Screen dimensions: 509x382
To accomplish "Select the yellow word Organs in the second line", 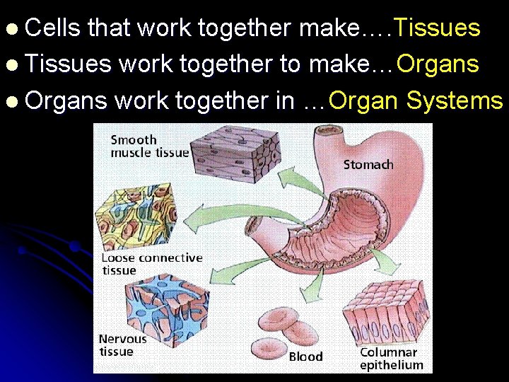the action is point(438,64).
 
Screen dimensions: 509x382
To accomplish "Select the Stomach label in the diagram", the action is point(368,165).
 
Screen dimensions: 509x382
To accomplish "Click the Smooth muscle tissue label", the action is point(150,146).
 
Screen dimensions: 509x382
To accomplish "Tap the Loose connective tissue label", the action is point(151,264).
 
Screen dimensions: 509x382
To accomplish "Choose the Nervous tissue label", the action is point(122,345).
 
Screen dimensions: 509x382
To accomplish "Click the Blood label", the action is point(305,357).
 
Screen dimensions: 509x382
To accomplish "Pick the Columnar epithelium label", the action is point(392,359).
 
